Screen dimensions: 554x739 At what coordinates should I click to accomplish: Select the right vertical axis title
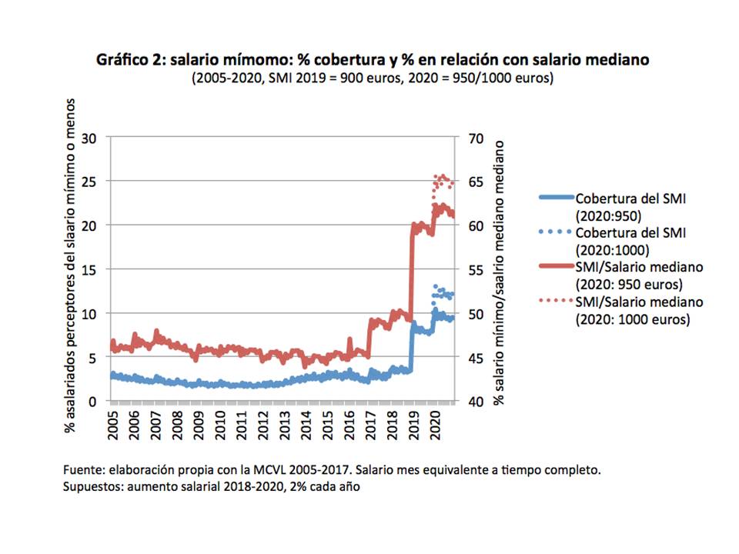(x=500, y=272)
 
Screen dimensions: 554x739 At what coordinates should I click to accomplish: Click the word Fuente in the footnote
(x=82, y=469)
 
